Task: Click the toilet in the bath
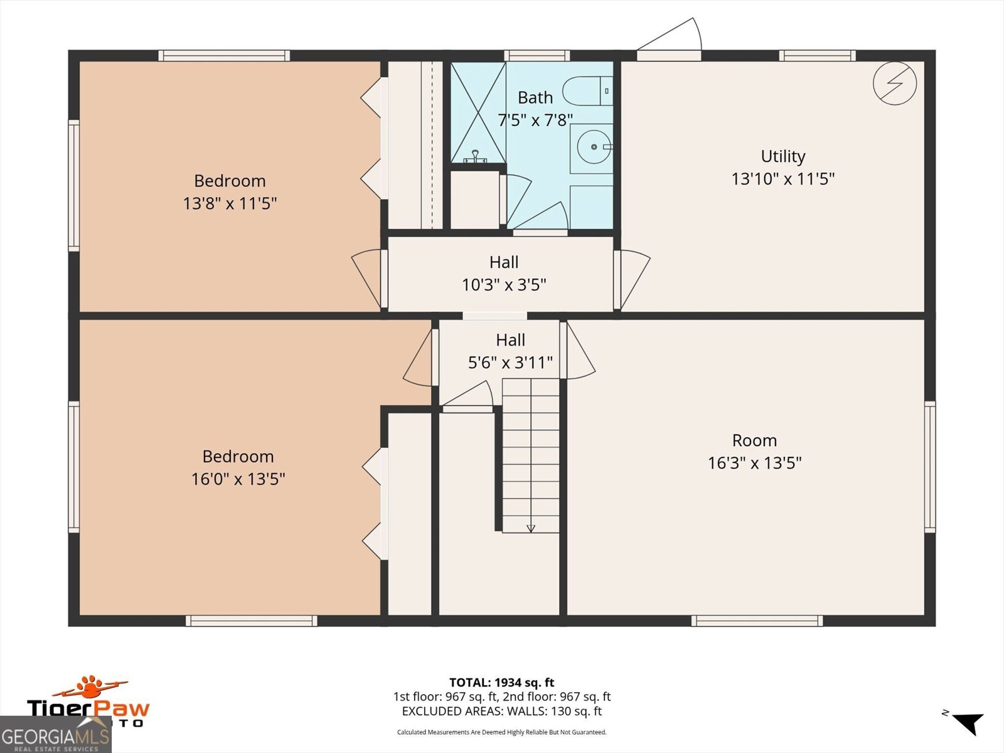coord(588,91)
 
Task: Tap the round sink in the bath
coord(594,147)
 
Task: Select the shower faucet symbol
coord(476,156)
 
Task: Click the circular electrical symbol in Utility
coord(895,83)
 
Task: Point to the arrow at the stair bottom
coord(531,528)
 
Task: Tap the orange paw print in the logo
coord(90,685)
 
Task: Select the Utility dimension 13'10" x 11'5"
coord(783,179)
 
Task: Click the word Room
coord(754,441)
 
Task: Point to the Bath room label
coord(535,97)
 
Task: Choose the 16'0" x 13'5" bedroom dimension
coord(238,479)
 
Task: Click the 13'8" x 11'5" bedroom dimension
coord(230,203)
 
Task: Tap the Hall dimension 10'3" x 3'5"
coord(504,285)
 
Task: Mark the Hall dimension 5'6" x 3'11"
coord(510,363)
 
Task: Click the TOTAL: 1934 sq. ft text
coord(502,683)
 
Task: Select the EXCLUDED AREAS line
coord(502,711)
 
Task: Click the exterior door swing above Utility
coord(669,35)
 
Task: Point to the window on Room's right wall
coord(930,467)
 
